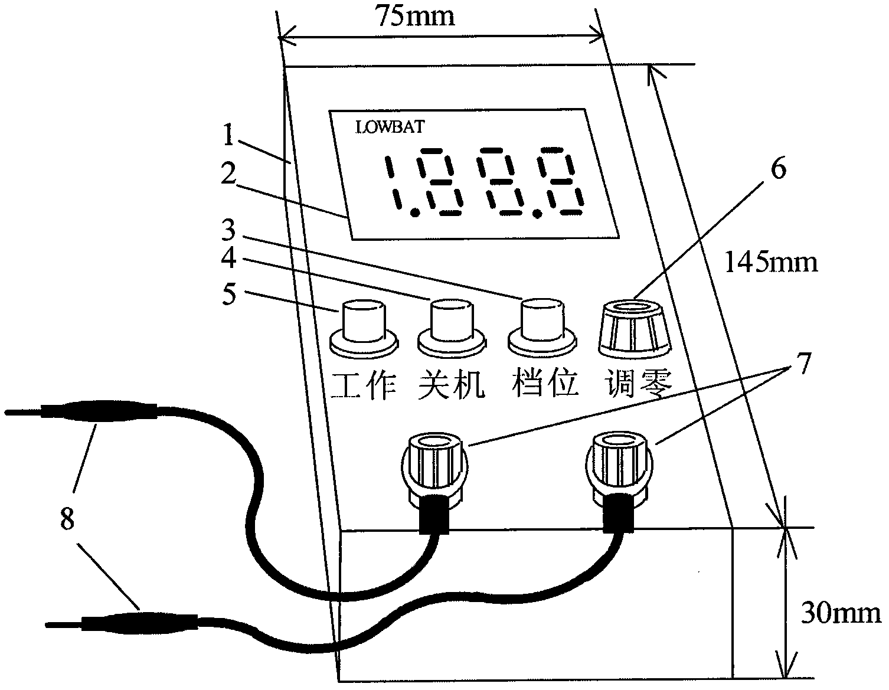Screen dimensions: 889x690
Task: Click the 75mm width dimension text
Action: pyautogui.click(x=415, y=17)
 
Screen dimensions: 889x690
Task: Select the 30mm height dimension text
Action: pyautogui.click(x=841, y=613)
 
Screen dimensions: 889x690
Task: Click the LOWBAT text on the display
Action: pyautogui.click(x=390, y=127)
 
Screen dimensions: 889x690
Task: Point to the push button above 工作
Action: pyautogui.click(x=364, y=328)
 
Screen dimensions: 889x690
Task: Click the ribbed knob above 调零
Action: pyautogui.click(x=634, y=327)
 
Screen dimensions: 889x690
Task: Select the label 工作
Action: pyautogui.click(x=363, y=385)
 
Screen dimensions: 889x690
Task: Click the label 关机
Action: pyautogui.click(x=451, y=384)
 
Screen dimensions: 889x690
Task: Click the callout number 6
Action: pyautogui.click(x=779, y=168)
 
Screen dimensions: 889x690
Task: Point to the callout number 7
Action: pyautogui.click(x=804, y=363)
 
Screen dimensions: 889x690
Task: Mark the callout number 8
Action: pyautogui.click(x=67, y=519)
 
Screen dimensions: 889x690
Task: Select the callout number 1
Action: pyautogui.click(x=228, y=135)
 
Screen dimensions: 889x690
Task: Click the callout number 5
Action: pyautogui.click(x=229, y=294)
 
